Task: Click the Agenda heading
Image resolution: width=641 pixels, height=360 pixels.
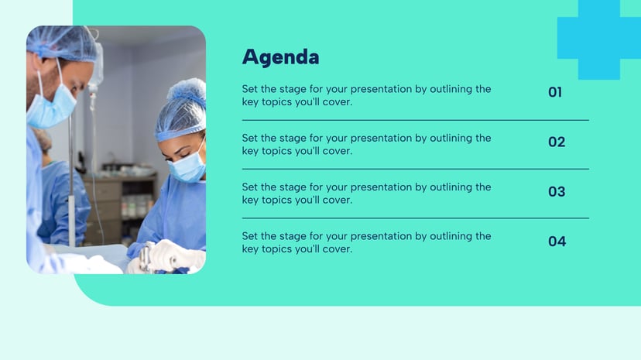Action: click(x=280, y=57)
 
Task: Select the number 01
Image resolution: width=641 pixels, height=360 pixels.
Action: click(x=555, y=93)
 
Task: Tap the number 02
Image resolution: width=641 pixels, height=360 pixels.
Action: click(x=557, y=142)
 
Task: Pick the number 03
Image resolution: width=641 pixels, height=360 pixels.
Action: click(x=557, y=192)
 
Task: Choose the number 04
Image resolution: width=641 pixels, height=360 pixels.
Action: click(x=557, y=242)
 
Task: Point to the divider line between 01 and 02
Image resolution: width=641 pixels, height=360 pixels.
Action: click(x=415, y=120)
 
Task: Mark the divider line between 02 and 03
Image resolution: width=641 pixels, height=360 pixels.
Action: click(x=415, y=169)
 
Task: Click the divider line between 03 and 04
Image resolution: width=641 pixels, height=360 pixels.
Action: click(x=415, y=218)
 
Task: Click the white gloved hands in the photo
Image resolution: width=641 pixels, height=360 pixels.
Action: click(x=170, y=255)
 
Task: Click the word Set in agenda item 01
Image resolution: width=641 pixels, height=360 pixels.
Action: click(x=250, y=89)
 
